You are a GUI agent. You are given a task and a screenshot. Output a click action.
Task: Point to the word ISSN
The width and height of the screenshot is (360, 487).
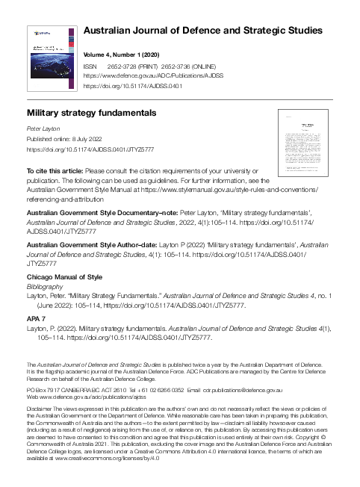(91, 66)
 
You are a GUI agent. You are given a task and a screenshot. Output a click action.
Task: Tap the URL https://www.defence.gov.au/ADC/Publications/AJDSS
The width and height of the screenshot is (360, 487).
(154, 75)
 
